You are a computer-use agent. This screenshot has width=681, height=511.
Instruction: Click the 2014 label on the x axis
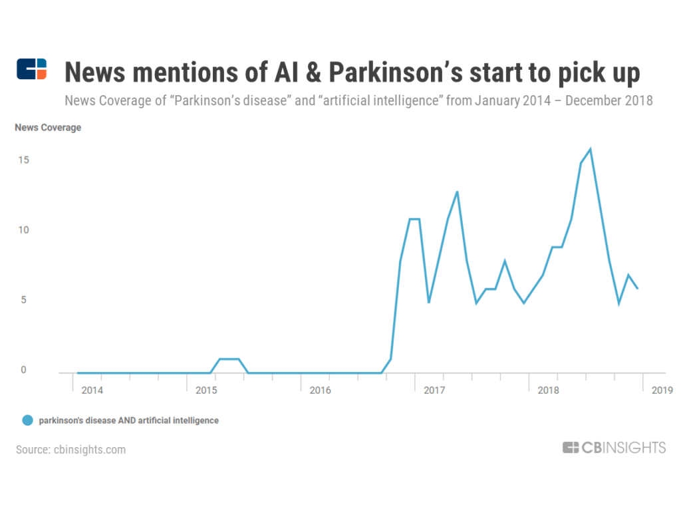[x=92, y=389]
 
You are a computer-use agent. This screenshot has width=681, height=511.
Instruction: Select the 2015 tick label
[x=206, y=389]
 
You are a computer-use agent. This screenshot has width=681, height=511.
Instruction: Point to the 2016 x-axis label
[x=320, y=389]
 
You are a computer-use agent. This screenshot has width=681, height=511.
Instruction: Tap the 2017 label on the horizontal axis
[x=434, y=389]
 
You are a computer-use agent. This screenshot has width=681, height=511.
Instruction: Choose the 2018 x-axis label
[x=548, y=389]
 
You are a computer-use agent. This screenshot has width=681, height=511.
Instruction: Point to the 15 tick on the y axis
[x=23, y=160]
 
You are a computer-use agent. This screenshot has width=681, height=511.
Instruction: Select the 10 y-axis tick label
[x=23, y=230]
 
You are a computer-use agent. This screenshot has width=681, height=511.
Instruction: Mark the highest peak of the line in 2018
[x=591, y=149]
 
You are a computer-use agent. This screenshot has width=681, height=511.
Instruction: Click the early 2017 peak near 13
[x=457, y=192]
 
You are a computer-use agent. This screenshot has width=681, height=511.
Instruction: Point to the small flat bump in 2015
[x=229, y=359]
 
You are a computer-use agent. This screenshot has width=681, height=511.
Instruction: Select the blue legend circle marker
[x=27, y=421]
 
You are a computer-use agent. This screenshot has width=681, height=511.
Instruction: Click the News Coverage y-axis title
[x=48, y=128]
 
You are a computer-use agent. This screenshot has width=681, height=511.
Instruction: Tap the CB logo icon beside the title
[x=32, y=69]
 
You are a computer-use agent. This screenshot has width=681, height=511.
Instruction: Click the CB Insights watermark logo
[x=613, y=448]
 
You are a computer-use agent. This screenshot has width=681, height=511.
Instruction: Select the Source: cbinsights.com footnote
[x=71, y=450]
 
